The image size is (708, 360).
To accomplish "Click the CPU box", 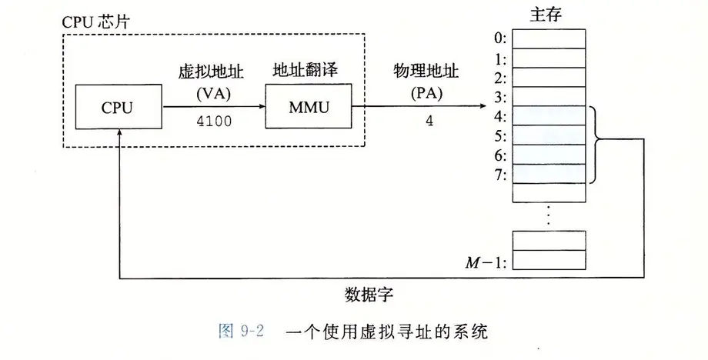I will [x=117, y=107].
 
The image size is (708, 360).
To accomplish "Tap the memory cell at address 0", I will [x=547, y=38].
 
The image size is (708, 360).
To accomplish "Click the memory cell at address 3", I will [x=547, y=97].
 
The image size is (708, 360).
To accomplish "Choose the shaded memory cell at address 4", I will [x=547, y=116].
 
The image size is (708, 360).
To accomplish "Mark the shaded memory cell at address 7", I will [x=547, y=174].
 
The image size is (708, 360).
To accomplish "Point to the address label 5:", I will [x=499, y=136].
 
